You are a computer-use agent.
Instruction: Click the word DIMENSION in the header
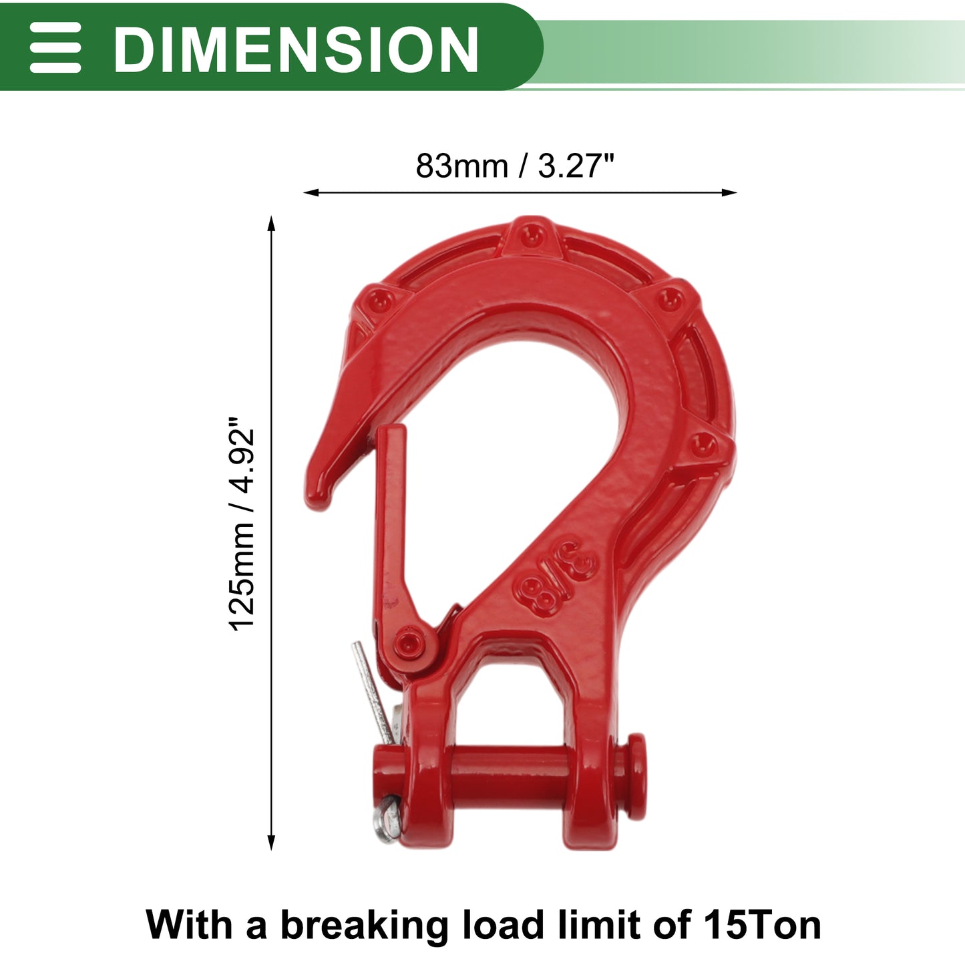pyautogui.click(x=295, y=49)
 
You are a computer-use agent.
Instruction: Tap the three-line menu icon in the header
pyautogui.click(x=55, y=47)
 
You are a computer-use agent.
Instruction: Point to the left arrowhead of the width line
pyautogui.click(x=311, y=192)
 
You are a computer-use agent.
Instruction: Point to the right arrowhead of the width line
pyautogui.click(x=729, y=192)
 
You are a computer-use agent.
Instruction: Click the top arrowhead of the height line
pyautogui.click(x=271, y=223)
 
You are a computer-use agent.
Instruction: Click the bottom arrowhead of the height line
pyautogui.click(x=271, y=843)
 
